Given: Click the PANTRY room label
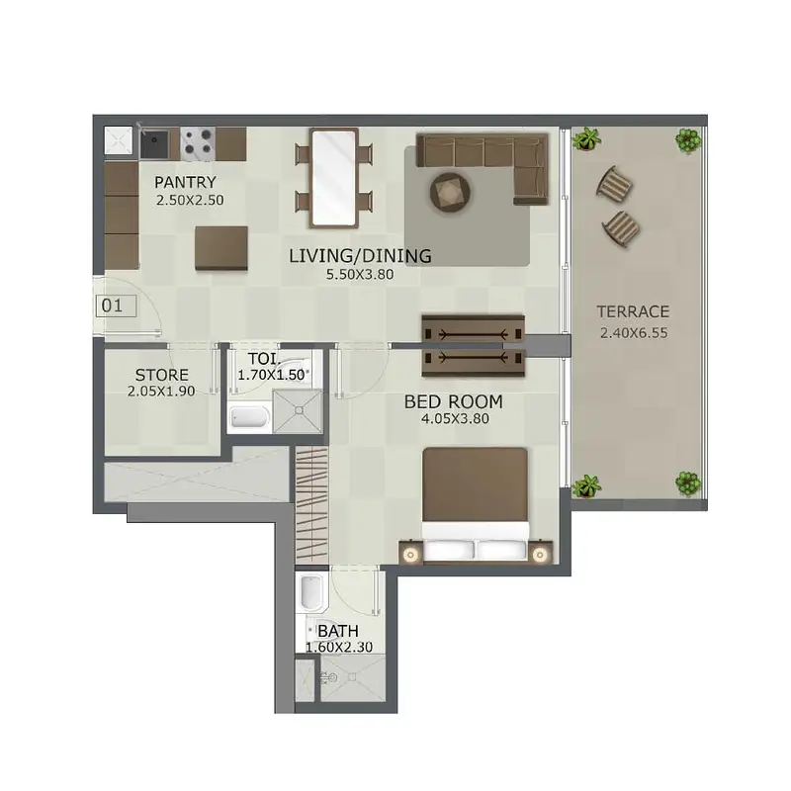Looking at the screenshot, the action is [185, 182].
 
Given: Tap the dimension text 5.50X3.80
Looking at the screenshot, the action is [360, 275].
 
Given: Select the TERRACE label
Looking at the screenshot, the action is [633, 311].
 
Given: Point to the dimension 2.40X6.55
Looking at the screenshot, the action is [634, 333].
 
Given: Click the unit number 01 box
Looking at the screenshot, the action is [116, 306].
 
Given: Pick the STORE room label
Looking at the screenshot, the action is [161, 375].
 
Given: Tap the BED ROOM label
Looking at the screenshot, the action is [454, 402].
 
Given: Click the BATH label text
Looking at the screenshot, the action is [338, 631].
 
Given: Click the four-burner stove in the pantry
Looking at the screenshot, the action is [198, 143].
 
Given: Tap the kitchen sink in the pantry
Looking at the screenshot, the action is [155, 143].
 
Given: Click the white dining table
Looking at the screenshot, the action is [334, 178].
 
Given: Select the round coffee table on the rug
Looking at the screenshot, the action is [450, 192].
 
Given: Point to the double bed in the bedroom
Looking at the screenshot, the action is [476, 503].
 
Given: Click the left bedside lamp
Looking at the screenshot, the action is [410, 556].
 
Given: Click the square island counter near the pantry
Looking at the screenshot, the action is [221, 248].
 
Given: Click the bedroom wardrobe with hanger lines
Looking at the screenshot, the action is [311, 505].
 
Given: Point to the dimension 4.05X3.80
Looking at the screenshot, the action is [455, 418].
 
